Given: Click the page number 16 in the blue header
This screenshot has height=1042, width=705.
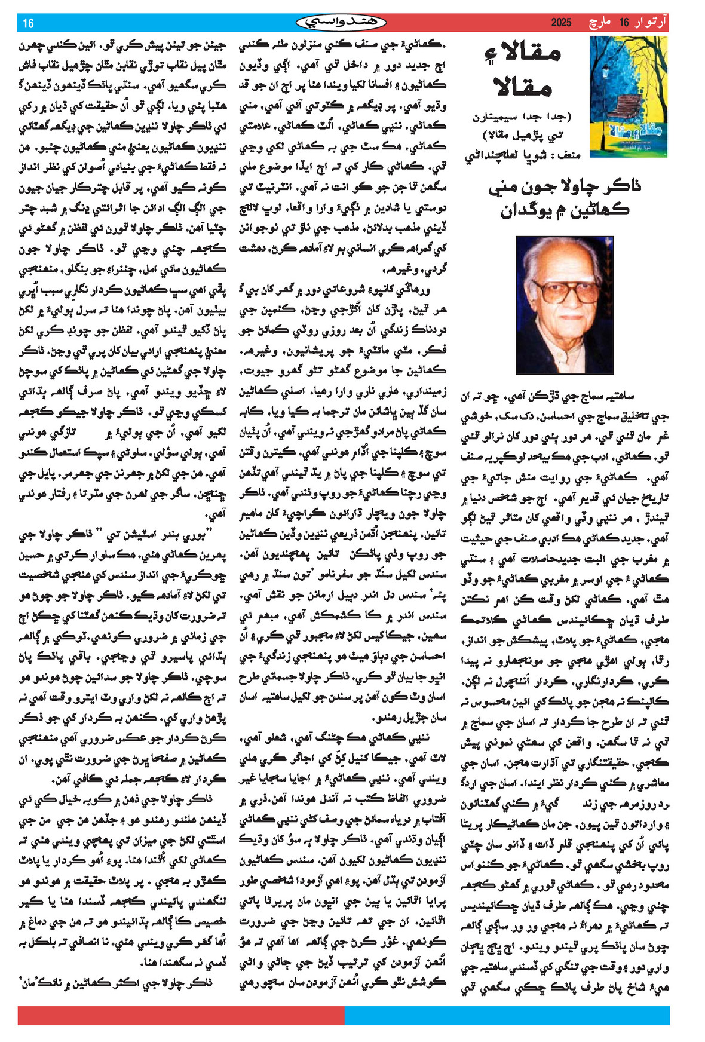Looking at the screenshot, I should coord(29,23).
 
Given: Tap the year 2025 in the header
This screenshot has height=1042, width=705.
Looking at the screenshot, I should coord(561,23).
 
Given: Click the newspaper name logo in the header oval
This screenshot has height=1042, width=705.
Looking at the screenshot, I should coord(341,23).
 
